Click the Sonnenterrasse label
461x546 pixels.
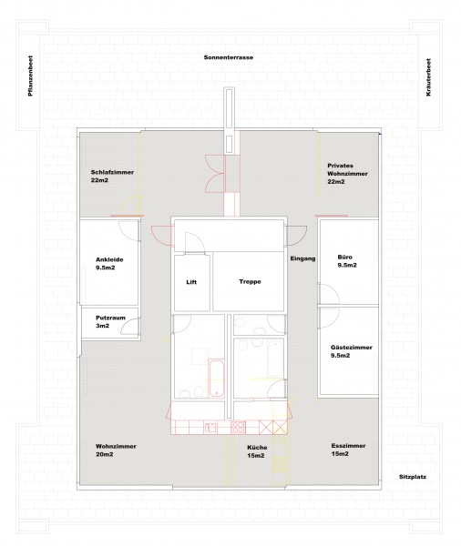pyautogui.click(x=229, y=57)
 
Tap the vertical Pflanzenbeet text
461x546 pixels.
pyautogui.click(x=30, y=76)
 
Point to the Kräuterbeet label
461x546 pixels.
pyautogui.click(x=428, y=77)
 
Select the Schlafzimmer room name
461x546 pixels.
pyautogui.click(x=112, y=172)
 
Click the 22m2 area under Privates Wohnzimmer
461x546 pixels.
pyautogui.click(x=336, y=181)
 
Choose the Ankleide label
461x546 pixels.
pyautogui.click(x=109, y=259)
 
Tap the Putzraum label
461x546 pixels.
pyautogui.click(x=110, y=318)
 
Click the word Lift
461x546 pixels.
pyautogui.click(x=191, y=282)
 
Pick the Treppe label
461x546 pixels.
pyautogui.click(x=250, y=281)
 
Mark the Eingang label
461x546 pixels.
pyautogui.click(x=302, y=258)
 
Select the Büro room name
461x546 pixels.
pyautogui.click(x=345, y=257)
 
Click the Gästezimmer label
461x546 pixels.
pyautogui.click(x=352, y=348)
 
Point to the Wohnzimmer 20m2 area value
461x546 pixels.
pyautogui.click(x=104, y=454)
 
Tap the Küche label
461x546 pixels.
pyautogui.click(x=257, y=448)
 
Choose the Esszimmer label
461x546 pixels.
pyautogui.click(x=348, y=446)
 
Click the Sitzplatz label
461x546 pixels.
pyautogui.click(x=413, y=477)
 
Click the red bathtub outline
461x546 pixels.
pyautogui.click(x=216, y=379)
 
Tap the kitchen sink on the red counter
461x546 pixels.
pyautogui.click(x=210, y=428)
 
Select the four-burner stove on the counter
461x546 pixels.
pyautogui.click(x=239, y=428)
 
